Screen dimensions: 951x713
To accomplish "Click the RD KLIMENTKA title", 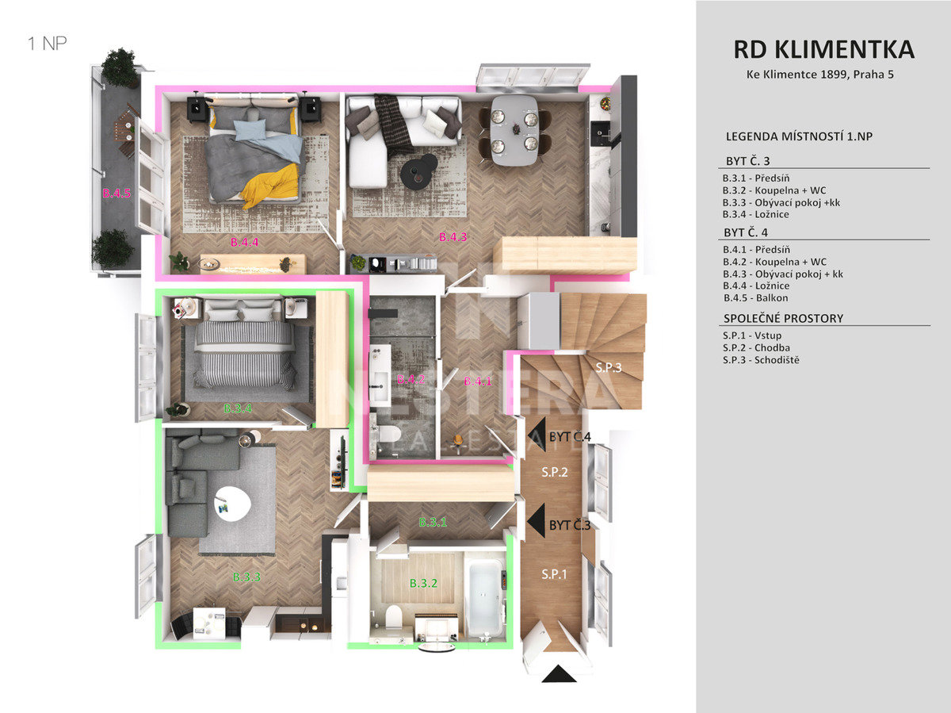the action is click(823, 49).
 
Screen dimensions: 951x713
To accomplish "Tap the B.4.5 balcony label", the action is click(116, 194).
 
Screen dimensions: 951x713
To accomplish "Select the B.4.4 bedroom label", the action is click(244, 242).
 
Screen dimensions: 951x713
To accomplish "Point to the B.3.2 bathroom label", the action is click(423, 583).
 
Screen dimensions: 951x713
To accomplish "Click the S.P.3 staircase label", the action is click(609, 367).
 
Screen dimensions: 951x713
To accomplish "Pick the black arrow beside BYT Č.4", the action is click(537, 435).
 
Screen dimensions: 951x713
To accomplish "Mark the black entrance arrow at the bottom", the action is click(559, 673).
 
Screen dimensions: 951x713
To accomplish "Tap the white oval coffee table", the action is click(233, 504).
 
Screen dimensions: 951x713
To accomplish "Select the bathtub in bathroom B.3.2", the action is click(484, 597).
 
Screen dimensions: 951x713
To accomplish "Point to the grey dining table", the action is click(514, 130).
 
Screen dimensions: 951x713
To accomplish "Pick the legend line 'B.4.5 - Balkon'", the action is click(755, 297).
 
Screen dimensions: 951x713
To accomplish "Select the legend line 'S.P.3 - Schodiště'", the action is click(761, 360).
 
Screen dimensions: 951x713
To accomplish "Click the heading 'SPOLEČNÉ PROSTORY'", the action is click(783, 319).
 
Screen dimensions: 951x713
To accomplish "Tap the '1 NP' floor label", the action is click(48, 44).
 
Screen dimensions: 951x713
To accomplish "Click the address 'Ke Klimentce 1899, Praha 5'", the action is click(819, 75).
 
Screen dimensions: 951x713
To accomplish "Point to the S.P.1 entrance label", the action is click(554, 574).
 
